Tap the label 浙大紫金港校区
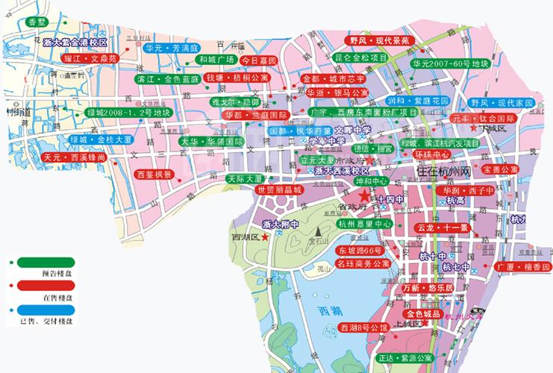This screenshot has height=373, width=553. [75, 43]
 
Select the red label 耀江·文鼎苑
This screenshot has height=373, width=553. [90, 57]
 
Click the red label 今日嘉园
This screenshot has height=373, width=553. [261, 60]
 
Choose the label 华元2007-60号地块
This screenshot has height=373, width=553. [449, 65]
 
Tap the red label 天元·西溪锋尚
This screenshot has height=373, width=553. [74, 158]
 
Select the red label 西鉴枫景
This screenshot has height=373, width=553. [154, 175]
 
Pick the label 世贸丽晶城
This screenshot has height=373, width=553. [279, 190]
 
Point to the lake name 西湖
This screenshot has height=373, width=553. [329, 311]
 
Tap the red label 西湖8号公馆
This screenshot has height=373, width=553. [363, 327]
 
